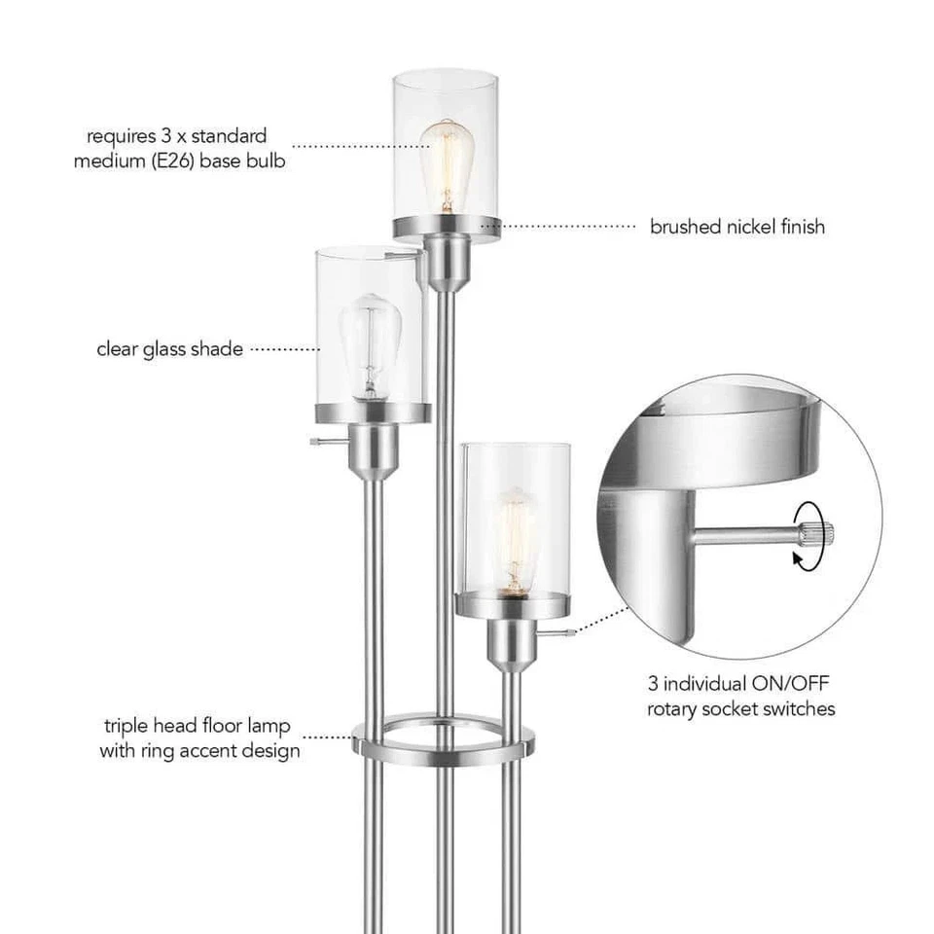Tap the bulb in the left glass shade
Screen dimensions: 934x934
point(368,342)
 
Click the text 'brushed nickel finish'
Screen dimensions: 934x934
point(736,227)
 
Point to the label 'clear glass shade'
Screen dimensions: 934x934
point(169,348)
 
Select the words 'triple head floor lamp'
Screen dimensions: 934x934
point(198,727)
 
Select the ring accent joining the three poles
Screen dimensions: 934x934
point(444,744)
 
